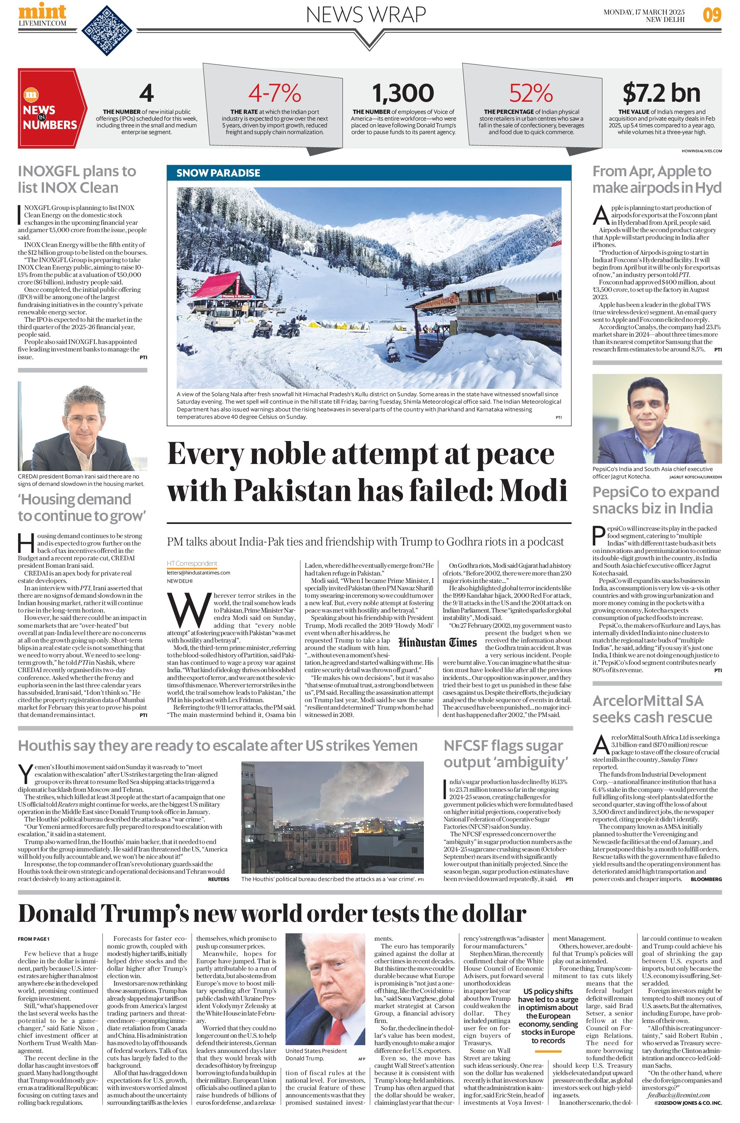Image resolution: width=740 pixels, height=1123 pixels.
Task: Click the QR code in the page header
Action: point(107,30)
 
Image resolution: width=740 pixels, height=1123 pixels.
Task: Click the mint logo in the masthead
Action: point(42,11)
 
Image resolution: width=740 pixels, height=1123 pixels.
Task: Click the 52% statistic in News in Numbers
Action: point(531,93)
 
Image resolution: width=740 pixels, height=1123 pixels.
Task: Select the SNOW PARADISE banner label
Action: point(218,173)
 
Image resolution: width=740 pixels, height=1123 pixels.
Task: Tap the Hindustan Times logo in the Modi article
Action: point(437,642)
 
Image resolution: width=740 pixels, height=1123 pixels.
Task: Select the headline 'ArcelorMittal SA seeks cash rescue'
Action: point(652,709)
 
